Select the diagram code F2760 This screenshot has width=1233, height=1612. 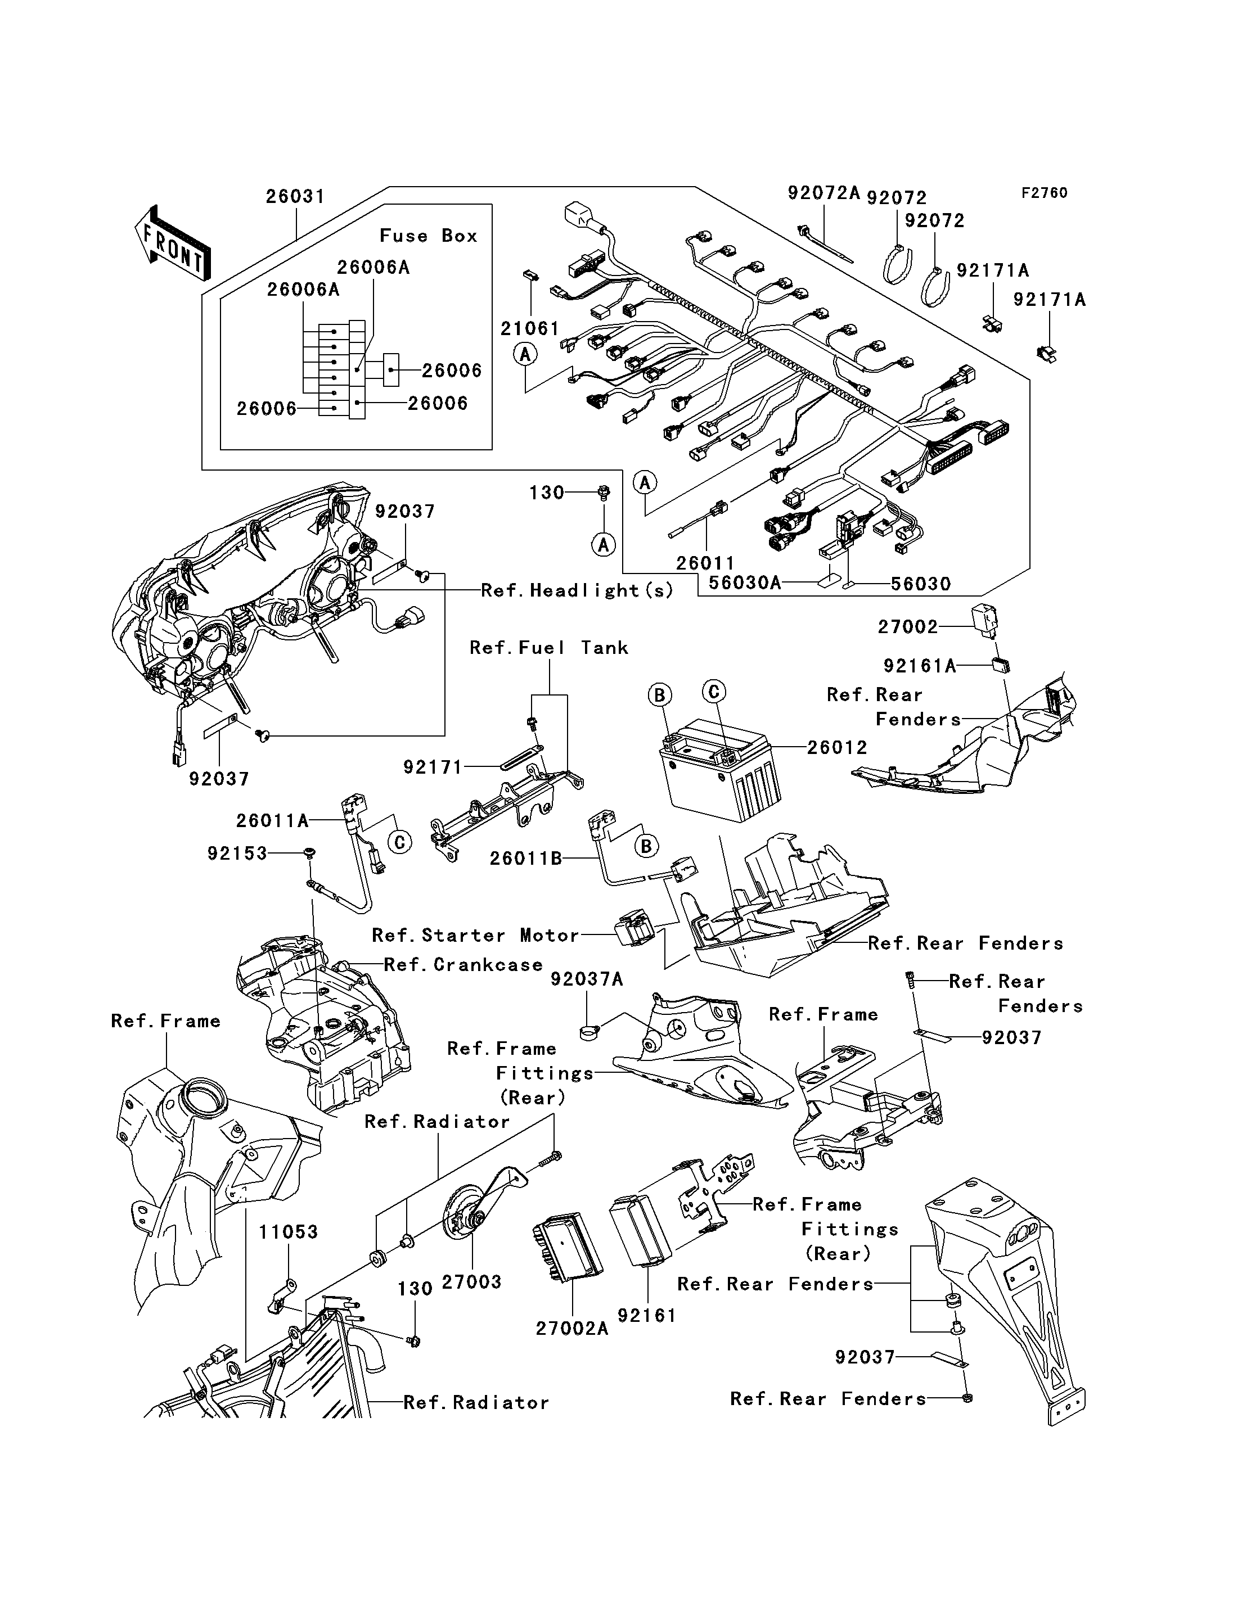(1045, 193)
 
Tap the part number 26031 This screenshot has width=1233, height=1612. (295, 197)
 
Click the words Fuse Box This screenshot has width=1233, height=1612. (429, 236)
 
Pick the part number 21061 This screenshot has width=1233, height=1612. (530, 329)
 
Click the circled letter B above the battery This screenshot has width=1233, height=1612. (660, 695)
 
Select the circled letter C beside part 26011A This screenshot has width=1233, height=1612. (400, 842)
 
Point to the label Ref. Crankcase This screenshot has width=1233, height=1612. (463, 965)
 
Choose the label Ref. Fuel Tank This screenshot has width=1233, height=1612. (549, 648)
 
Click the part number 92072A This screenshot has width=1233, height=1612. (823, 193)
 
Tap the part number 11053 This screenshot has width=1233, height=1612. (289, 1232)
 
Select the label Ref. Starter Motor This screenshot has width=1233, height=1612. (475, 936)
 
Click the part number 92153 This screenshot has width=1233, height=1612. (237, 854)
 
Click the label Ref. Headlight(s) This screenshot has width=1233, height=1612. (577, 590)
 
